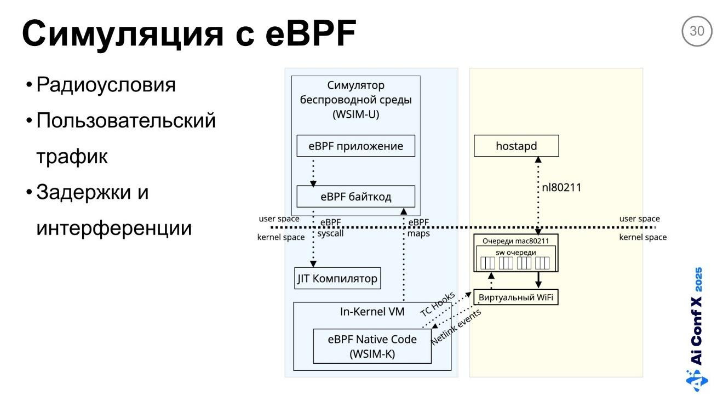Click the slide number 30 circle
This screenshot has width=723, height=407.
pyautogui.click(x=697, y=31)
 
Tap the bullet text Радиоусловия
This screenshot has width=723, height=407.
pyautogui.click(x=106, y=85)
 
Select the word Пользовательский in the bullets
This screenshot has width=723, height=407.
pyautogui.click(x=126, y=121)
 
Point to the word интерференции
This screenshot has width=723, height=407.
pyautogui.click(x=114, y=228)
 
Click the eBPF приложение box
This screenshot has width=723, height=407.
pyautogui.click(x=355, y=146)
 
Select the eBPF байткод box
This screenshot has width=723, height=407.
pyautogui.click(x=355, y=197)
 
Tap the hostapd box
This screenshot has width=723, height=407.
pyautogui.click(x=517, y=146)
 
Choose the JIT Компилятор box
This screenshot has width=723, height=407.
pyautogui.click(x=337, y=278)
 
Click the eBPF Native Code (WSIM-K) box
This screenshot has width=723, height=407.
pyautogui.click(x=372, y=346)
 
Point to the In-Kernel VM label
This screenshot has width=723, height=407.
pyautogui.click(x=372, y=312)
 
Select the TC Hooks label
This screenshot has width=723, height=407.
pyautogui.click(x=438, y=305)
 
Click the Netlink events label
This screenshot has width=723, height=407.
pyautogui.click(x=456, y=326)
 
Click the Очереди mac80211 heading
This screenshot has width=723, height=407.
pyautogui.click(x=515, y=241)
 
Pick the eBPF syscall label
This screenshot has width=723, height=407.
pyautogui.click(x=331, y=228)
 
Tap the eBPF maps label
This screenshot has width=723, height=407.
pyautogui.click(x=418, y=228)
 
